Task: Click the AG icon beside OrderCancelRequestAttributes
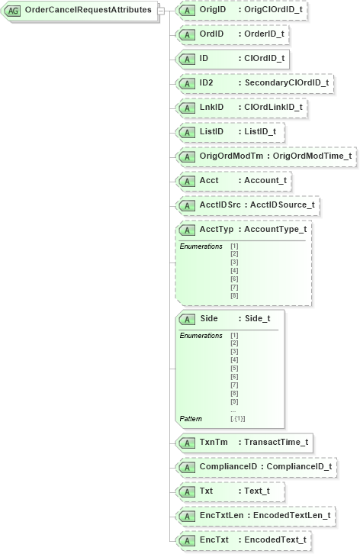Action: [x=13, y=11]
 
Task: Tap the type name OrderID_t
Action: [x=265, y=34]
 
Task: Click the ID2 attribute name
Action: [x=207, y=82]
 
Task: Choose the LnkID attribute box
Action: [x=241, y=107]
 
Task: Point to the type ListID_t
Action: [x=259, y=131]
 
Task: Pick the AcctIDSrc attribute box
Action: [x=246, y=205]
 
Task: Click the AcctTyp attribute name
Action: [x=217, y=229]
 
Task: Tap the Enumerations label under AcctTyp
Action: [x=201, y=246]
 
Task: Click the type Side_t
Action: [x=257, y=318]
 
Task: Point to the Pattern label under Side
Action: [x=191, y=418]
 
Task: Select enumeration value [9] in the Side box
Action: [x=234, y=401]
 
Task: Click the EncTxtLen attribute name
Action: [x=220, y=516]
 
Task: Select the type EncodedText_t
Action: [x=275, y=540]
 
